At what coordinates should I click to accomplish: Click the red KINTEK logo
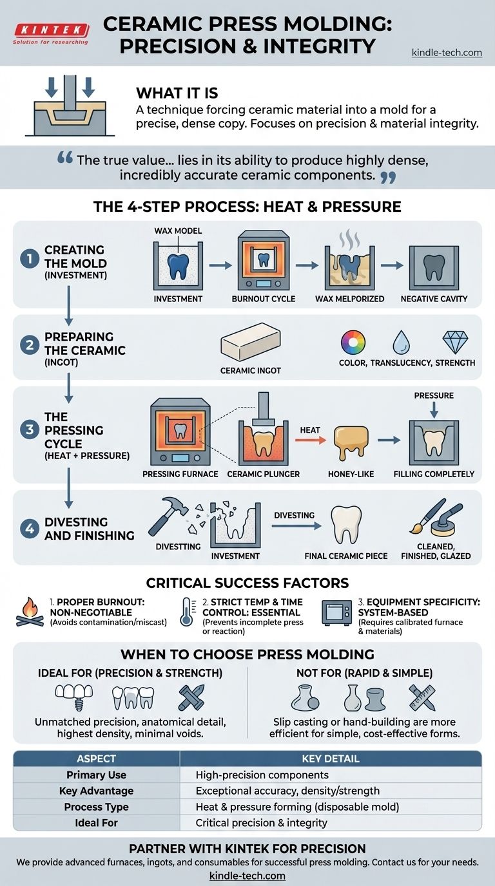coord(52,30)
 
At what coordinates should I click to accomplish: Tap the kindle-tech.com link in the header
coord(447,53)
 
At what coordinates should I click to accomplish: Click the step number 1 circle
coord(30,259)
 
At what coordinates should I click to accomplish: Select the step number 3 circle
coord(30,429)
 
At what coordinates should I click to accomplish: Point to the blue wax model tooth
coord(178,266)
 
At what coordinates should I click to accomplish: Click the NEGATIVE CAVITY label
coord(434,299)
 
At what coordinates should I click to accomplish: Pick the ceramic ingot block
coord(251,341)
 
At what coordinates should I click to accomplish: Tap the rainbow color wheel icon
coord(353,342)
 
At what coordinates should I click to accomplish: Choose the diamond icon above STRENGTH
coord(455,342)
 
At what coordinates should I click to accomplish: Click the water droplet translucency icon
coord(401,342)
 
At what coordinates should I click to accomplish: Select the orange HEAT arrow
coord(310,439)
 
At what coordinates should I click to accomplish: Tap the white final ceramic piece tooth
coord(346,525)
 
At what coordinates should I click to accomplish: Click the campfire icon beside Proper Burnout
coord(30,612)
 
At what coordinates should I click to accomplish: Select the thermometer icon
coord(186,612)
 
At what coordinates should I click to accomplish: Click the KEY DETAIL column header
coord(331,759)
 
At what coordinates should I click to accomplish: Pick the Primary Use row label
coord(96,775)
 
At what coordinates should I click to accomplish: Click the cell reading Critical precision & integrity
coord(262,823)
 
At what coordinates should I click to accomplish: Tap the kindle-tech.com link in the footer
coord(247,876)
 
